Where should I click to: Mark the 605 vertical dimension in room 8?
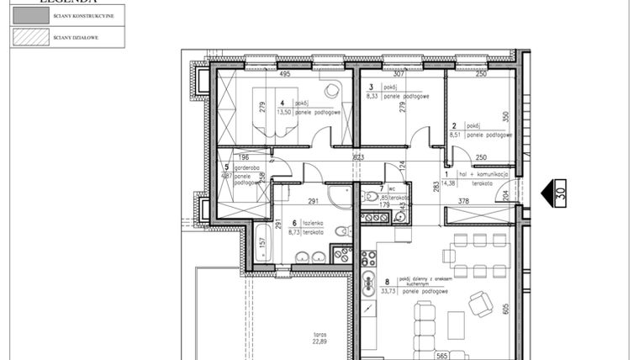coord(505,308)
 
